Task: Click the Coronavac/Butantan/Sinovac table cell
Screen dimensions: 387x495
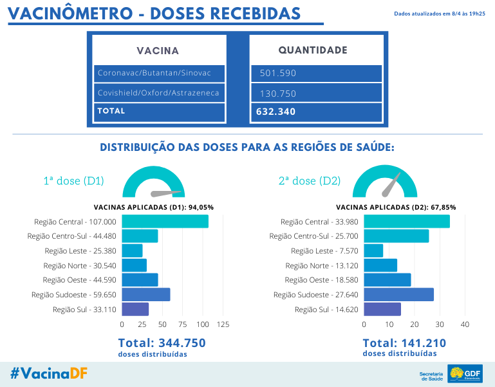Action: click(160, 73)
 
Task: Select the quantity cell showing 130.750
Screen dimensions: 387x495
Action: click(316, 93)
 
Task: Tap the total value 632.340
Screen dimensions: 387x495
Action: click(316, 112)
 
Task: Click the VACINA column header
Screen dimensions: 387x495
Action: click(158, 51)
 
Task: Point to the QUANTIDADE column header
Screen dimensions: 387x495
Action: click(313, 50)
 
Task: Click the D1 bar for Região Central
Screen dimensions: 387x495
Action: click(165, 221)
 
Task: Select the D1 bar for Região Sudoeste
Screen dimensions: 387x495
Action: click(145, 294)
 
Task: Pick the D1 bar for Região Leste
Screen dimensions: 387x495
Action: click(132, 250)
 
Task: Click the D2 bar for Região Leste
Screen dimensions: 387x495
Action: click(373, 250)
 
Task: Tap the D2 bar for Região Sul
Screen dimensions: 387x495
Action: click(382, 309)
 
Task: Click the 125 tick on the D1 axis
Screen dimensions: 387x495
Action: click(223, 324)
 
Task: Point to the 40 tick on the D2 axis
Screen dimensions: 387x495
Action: click(465, 324)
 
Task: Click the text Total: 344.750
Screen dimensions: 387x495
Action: click(161, 343)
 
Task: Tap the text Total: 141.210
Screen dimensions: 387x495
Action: click(404, 343)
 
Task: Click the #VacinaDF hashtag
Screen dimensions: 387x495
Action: click(49, 373)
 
